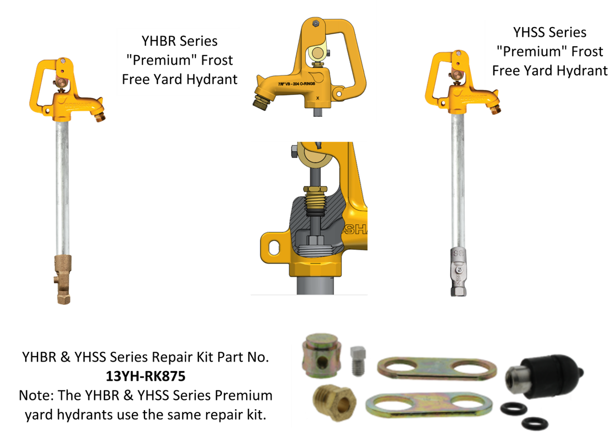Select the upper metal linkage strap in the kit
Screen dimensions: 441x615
tap(437, 368)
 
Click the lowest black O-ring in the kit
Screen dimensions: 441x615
tap(535, 423)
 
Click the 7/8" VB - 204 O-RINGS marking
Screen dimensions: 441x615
tap(299, 84)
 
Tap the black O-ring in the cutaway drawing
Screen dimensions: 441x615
tap(315, 213)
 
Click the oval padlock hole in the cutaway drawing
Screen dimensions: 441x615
tap(273, 248)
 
